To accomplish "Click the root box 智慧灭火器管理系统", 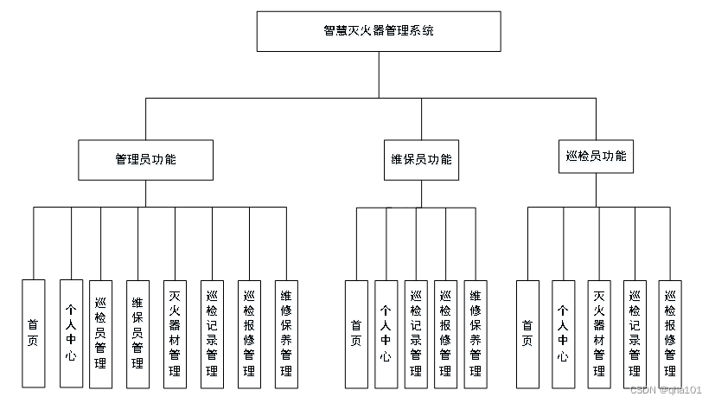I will (x=378, y=31).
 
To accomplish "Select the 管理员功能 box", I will (x=145, y=160).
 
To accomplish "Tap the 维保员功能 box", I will (x=422, y=160).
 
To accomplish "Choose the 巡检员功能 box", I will (x=596, y=157).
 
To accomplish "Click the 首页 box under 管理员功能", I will (x=33, y=333).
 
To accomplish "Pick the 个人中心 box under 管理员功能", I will (x=71, y=333).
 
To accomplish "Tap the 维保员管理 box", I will (x=137, y=333).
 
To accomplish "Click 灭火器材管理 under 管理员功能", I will (x=175, y=333).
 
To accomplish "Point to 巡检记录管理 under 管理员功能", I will (x=212, y=333).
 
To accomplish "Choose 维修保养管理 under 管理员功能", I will (x=286, y=333).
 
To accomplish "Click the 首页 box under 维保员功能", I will (x=356, y=333).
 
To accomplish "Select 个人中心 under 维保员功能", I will (x=386, y=333).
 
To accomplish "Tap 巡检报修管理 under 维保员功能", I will (x=445, y=333).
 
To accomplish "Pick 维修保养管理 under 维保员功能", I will (x=475, y=333).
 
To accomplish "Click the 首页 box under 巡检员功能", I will (x=527, y=333).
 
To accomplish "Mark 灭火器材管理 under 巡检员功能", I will (x=598, y=333).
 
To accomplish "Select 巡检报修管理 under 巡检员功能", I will (x=669, y=333).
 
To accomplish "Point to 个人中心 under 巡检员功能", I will (x=563, y=333).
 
